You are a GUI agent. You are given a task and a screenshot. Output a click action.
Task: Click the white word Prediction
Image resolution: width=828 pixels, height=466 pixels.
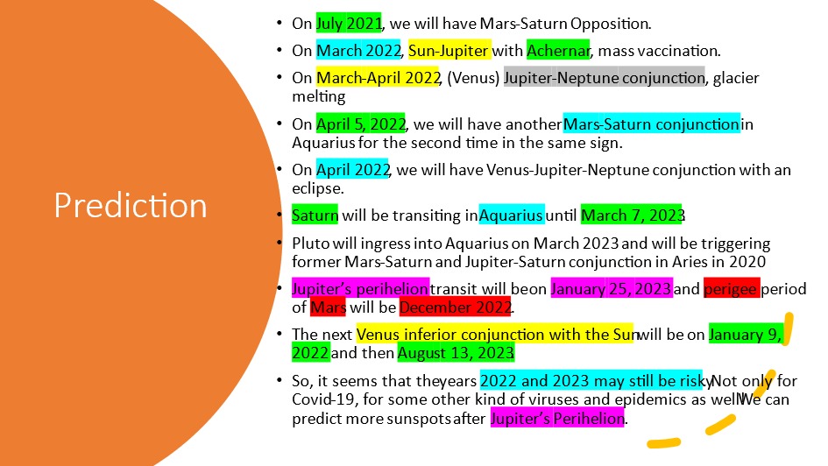(131, 205)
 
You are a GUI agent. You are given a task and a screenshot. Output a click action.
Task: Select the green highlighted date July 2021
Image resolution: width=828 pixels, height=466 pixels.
(349, 24)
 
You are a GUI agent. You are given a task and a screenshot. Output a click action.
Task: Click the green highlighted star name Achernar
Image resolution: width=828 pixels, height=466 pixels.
(558, 50)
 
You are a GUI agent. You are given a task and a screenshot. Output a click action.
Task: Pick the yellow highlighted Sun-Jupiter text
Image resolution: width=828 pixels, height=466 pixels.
(449, 50)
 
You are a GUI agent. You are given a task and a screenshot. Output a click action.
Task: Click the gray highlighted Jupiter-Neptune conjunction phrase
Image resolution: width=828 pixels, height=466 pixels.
(604, 78)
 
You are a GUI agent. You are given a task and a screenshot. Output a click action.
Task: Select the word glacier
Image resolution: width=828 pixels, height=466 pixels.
(736, 78)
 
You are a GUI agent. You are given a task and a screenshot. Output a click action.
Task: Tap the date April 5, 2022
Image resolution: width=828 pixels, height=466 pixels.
(361, 124)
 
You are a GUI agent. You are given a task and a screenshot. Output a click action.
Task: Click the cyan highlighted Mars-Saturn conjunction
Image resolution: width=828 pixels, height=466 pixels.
(652, 124)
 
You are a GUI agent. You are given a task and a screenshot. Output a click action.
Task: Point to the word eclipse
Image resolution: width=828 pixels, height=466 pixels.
(317, 188)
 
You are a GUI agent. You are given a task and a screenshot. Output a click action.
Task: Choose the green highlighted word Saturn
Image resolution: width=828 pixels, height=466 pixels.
(315, 215)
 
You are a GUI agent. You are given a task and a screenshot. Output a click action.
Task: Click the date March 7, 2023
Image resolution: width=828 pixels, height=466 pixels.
(632, 215)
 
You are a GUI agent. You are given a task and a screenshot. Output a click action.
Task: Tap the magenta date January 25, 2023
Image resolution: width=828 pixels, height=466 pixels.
(612, 289)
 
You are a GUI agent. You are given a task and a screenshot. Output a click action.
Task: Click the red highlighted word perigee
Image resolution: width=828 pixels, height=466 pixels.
(732, 289)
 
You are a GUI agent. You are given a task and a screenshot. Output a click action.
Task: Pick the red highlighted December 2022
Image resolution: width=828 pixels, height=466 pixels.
(456, 307)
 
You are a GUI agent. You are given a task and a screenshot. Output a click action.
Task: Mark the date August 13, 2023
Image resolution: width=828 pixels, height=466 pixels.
(456, 352)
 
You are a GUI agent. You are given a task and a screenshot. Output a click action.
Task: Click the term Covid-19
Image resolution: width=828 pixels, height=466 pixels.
(322, 399)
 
